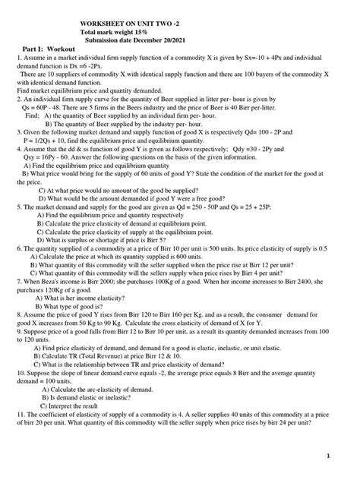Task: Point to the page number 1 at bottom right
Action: click(x=347, y=457)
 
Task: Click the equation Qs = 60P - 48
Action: click(x=51, y=107)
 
